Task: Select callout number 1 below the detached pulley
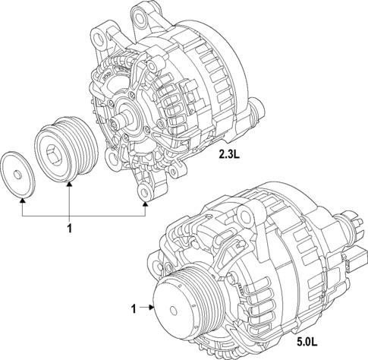(69, 229)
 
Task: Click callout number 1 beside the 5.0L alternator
(134, 309)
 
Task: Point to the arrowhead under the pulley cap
(23, 201)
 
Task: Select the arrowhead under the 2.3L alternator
(144, 201)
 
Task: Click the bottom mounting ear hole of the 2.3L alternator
(143, 182)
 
